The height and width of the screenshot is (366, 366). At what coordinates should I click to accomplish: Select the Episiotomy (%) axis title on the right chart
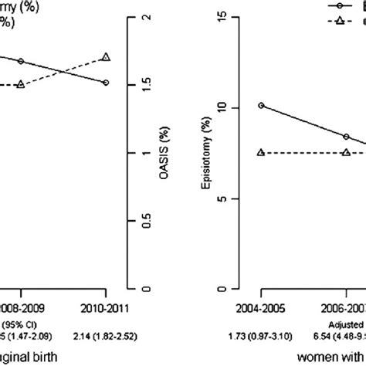click(x=218, y=154)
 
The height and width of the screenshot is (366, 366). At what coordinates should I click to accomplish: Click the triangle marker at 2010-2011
click(x=106, y=56)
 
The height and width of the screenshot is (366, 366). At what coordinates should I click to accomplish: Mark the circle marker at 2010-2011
click(x=106, y=83)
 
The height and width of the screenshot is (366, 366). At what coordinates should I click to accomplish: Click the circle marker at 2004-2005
click(x=261, y=105)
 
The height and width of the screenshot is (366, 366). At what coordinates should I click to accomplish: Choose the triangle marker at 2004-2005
click(x=261, y=153)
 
